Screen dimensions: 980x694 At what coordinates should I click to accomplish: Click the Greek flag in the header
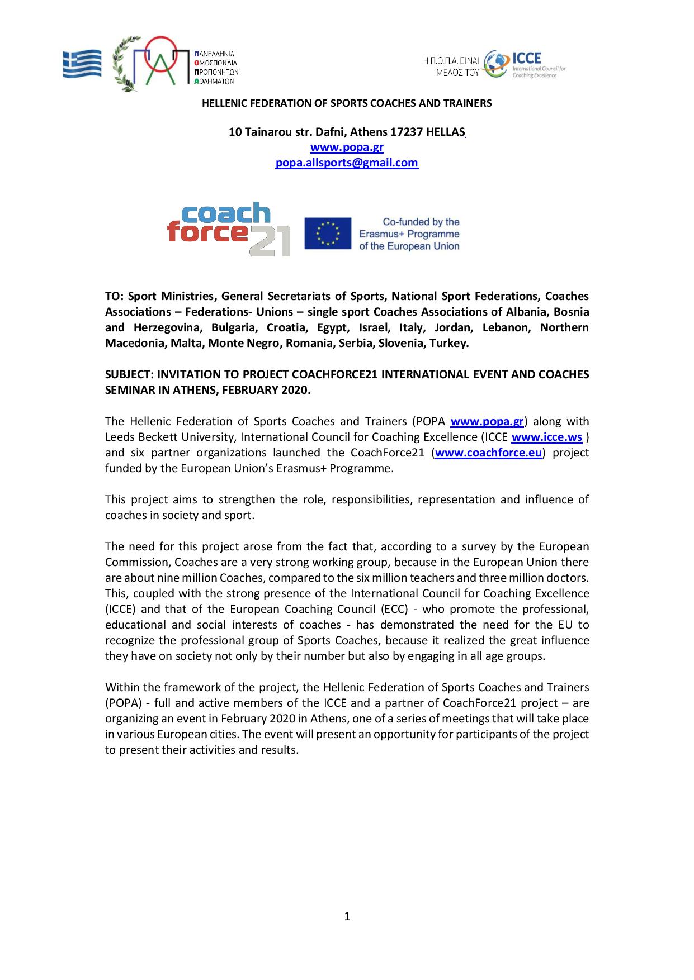(x=82, y=64)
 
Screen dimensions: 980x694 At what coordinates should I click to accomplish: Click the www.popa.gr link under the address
(x=347, y=148)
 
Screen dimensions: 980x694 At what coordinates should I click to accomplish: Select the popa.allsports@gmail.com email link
(x=347, y=163)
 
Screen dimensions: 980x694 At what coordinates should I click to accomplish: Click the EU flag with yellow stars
(x=328, y=234)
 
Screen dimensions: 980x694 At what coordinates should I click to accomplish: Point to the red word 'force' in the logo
(x=207, y=231)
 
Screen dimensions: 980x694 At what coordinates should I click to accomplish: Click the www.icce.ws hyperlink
(x=546, y=437)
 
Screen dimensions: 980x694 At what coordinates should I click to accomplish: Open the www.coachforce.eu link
(x=488, y=453)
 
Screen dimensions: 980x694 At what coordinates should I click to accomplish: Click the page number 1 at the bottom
(x=347, y=916)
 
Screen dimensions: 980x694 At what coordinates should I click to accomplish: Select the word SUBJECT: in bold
(x=129, y=374)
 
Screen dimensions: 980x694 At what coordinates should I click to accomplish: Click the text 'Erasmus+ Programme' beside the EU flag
(x=409, y=234)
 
